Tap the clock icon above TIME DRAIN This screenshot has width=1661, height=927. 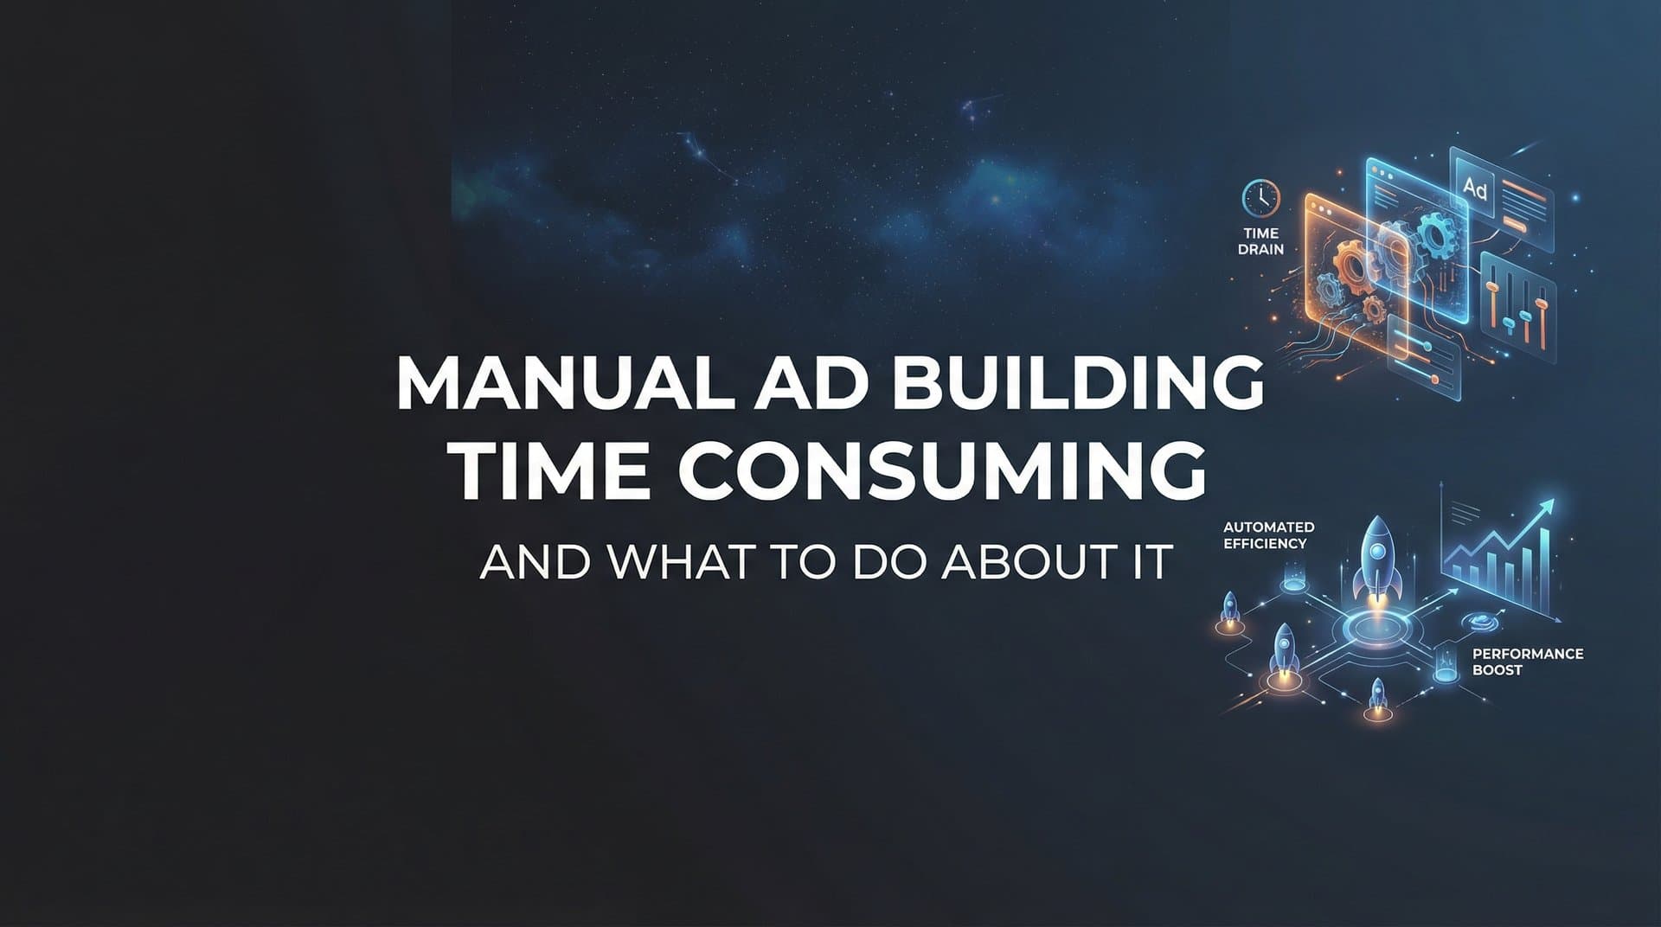click(x=1260, y=198)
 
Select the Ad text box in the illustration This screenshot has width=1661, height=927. click(x=1474, y=188)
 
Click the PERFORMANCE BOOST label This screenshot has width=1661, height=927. click(x=1527, y=662)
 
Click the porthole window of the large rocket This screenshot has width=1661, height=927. click(x=1375, y=547)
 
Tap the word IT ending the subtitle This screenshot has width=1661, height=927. click(x=1154, y=562)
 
